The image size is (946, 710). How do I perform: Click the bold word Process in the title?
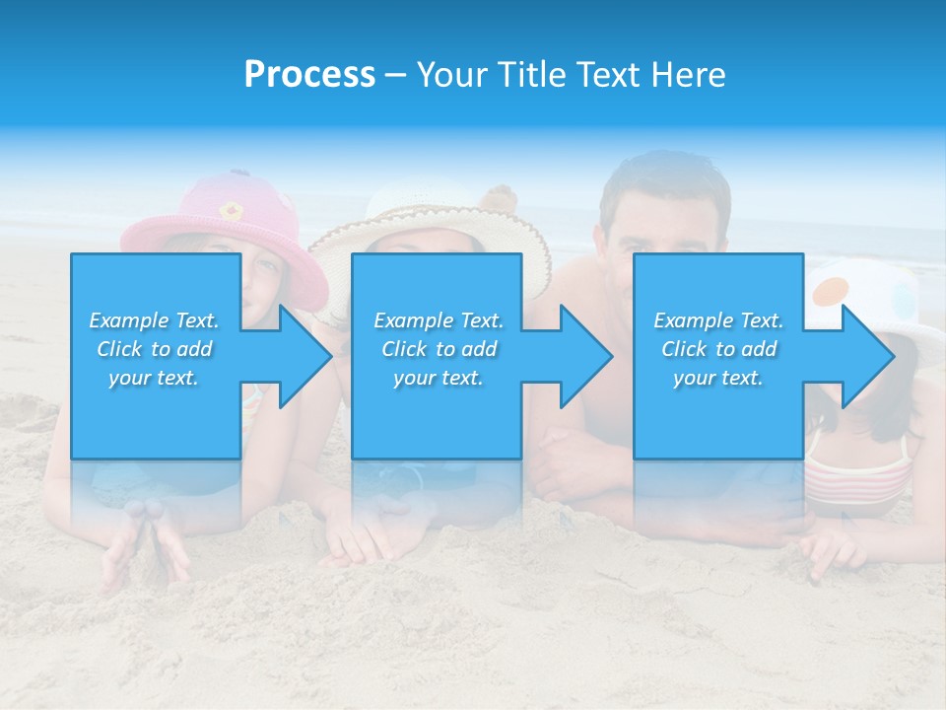309,75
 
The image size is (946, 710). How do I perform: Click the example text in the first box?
155,349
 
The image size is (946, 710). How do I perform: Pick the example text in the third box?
718,349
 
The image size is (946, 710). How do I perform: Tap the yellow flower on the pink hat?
231,210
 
